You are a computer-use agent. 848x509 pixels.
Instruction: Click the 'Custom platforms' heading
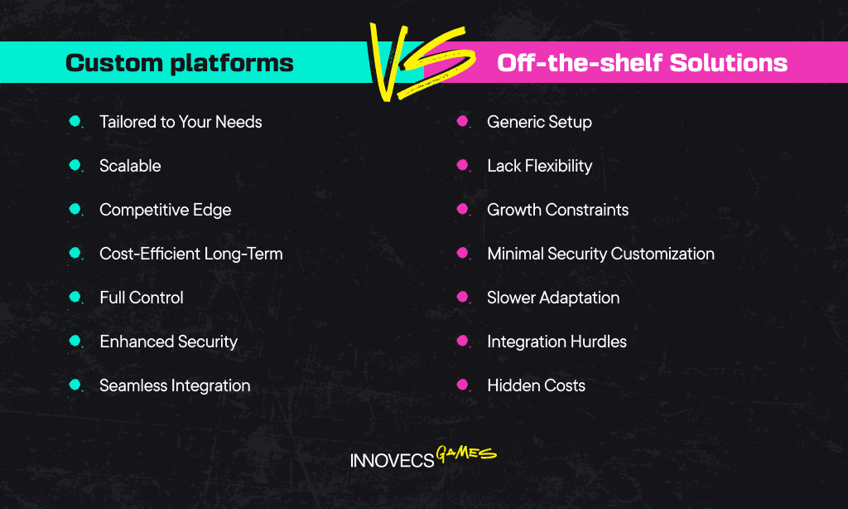(x=180, y=63)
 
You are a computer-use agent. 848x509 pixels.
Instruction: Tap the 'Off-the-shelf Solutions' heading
(x=642, y=63)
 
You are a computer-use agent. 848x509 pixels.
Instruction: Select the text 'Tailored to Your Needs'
(x=181, y=122)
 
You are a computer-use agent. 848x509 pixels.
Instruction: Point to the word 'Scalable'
(x=130, y=166)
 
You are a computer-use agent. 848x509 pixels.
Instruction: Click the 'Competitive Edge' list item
(x=166, y=210)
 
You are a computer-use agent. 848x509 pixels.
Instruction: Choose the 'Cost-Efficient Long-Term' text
(x=191, y=254)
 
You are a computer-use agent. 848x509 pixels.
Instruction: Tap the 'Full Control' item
(x=142, y=298)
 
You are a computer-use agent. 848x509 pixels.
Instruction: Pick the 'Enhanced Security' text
(x=169, y=342)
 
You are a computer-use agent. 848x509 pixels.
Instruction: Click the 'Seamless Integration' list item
(x=176, y=385)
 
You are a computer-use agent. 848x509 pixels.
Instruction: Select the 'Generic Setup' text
(x=539, y=122)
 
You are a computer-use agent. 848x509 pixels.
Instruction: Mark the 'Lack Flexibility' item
(x=540, y=166)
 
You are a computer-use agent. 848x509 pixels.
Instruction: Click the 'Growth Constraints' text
(x=557, y=210)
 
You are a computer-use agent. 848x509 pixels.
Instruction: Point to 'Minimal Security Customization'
(x=601, y=254)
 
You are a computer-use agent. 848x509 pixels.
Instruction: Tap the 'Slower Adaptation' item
(x=553, y=298)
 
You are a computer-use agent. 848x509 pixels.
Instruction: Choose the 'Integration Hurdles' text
(x=556, y=342)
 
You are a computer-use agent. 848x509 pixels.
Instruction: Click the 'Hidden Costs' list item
(x=536, y=385)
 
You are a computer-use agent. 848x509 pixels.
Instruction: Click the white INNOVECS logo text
(x=392, y=460)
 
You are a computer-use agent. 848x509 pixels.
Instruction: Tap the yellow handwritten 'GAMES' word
(x=466, y=453)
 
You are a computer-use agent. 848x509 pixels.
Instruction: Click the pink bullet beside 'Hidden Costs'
(x=462, y=385)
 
